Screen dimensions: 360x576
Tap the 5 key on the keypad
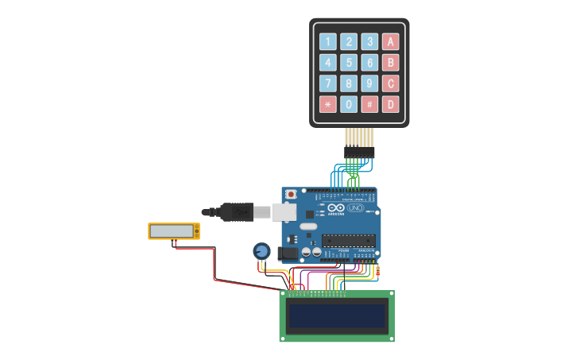[x=349, y=63]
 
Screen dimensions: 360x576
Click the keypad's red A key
[x=390, y=42]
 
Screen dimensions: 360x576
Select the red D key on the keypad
[x=390, y=104]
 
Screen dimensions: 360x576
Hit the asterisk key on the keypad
[x=328, y=104]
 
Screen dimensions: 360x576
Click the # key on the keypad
[x=369, y=104]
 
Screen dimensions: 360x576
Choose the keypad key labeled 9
[x=369, y=83]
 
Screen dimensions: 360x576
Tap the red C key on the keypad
[x=390, y=83]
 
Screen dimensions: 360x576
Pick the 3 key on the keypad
[x=369, y=42]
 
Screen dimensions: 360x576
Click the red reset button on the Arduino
[x=291, y=194]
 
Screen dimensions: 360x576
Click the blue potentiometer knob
[x=261, y=251]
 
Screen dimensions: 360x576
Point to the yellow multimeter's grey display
[x=172, y=230]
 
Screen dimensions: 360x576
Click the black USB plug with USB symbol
[x=237, y=212]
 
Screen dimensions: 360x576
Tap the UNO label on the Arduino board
[x=355, y=208]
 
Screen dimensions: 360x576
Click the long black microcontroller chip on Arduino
[x=348, y=240]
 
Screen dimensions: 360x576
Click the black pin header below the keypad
[x=358, y=151]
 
